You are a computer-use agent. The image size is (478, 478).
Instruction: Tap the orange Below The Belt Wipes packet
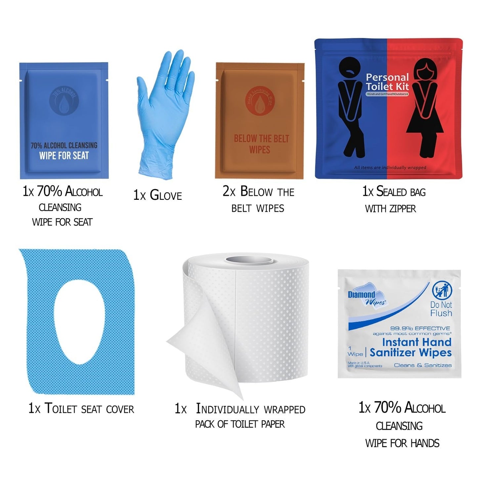click(260, 121)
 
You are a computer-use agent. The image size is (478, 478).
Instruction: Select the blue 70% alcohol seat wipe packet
click(64, 121)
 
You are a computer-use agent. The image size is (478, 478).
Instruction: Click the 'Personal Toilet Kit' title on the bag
click(387, 82)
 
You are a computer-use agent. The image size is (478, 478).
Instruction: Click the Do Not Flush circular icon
click(441, 291)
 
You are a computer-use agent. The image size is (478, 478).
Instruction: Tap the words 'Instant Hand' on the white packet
click(416, 342)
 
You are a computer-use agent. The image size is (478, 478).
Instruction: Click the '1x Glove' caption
click(157, 195)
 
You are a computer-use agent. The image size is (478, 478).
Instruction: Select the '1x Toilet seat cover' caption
click(81, 409)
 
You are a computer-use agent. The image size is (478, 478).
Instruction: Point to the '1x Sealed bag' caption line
click(394, 192)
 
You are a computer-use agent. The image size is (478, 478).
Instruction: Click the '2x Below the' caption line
click(258, 192)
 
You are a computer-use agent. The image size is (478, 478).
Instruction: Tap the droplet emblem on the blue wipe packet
click(64, 101)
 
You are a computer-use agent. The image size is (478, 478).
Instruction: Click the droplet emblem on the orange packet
click(259, 101)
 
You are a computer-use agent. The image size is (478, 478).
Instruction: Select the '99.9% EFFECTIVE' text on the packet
click(420, 328)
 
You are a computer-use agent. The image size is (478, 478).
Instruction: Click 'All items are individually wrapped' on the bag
click(390, 168)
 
